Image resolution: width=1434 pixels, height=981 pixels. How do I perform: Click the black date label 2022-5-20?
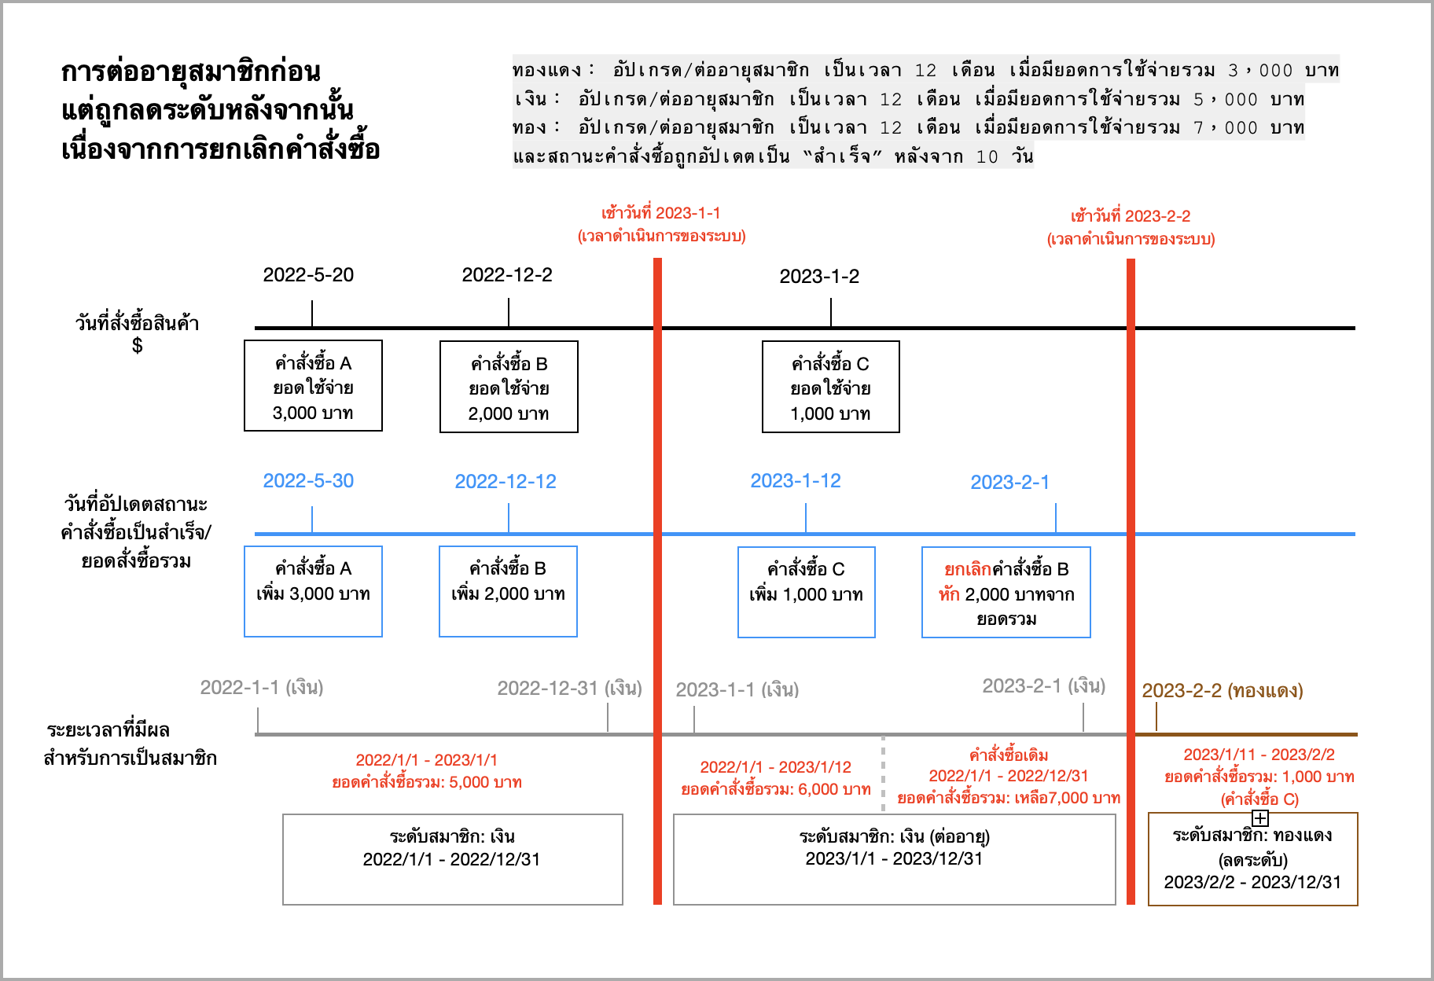tap(308, 275)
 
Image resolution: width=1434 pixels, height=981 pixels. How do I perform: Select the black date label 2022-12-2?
tap(507, 275)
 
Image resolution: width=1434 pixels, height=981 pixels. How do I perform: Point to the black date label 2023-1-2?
tap(819, 277)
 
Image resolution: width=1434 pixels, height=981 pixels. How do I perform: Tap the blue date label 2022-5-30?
tap(308, 481)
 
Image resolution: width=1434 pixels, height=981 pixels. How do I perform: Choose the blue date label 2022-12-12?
tap(506, 482)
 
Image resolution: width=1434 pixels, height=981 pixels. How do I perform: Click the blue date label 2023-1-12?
tap(796, 481)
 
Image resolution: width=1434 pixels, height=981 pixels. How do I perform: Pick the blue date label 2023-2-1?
tap(1010, 483)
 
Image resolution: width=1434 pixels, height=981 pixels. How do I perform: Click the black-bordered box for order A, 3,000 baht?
tap(313, 386)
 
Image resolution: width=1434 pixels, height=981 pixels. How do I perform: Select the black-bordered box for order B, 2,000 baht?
tap(509, 387)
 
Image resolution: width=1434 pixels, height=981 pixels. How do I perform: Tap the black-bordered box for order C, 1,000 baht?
tap(831, 387)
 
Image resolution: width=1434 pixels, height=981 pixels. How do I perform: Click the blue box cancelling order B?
tap(1006, 592)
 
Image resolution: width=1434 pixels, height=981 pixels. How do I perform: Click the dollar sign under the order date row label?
tap(138, 346)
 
